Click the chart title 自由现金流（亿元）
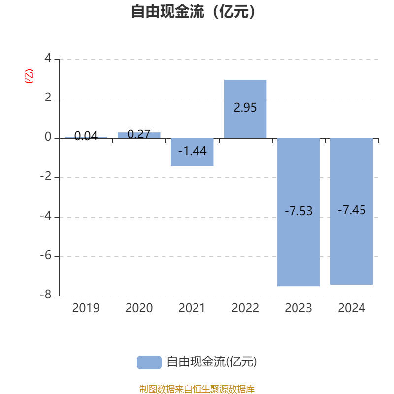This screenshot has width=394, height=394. tap(194, 11)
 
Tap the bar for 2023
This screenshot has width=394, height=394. tap(298, 246)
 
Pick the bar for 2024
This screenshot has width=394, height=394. tap(352, 246)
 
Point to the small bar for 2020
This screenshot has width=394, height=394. tap(139, 135)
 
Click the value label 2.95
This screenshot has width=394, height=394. tap(245, 108)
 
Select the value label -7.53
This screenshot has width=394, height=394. tap(298, 211)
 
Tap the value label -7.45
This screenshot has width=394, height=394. tap(352, 210)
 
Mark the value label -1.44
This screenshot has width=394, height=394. tap(192, 151)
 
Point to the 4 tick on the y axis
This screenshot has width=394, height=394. tap(48, 59)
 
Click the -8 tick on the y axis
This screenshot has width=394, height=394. tap(46, 295)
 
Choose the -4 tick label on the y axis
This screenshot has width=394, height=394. tap(46, 216)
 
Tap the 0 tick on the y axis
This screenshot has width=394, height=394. tap(48, 137)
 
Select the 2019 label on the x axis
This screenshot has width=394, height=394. tap(86, 308)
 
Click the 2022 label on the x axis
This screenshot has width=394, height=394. tap(245, 308)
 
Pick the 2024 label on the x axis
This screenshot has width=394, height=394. tap(352, 308)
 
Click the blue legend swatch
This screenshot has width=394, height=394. tap(149, 362)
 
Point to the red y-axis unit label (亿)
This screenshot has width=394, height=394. tap(29, 77)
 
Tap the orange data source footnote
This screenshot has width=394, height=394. tap(197, 389)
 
